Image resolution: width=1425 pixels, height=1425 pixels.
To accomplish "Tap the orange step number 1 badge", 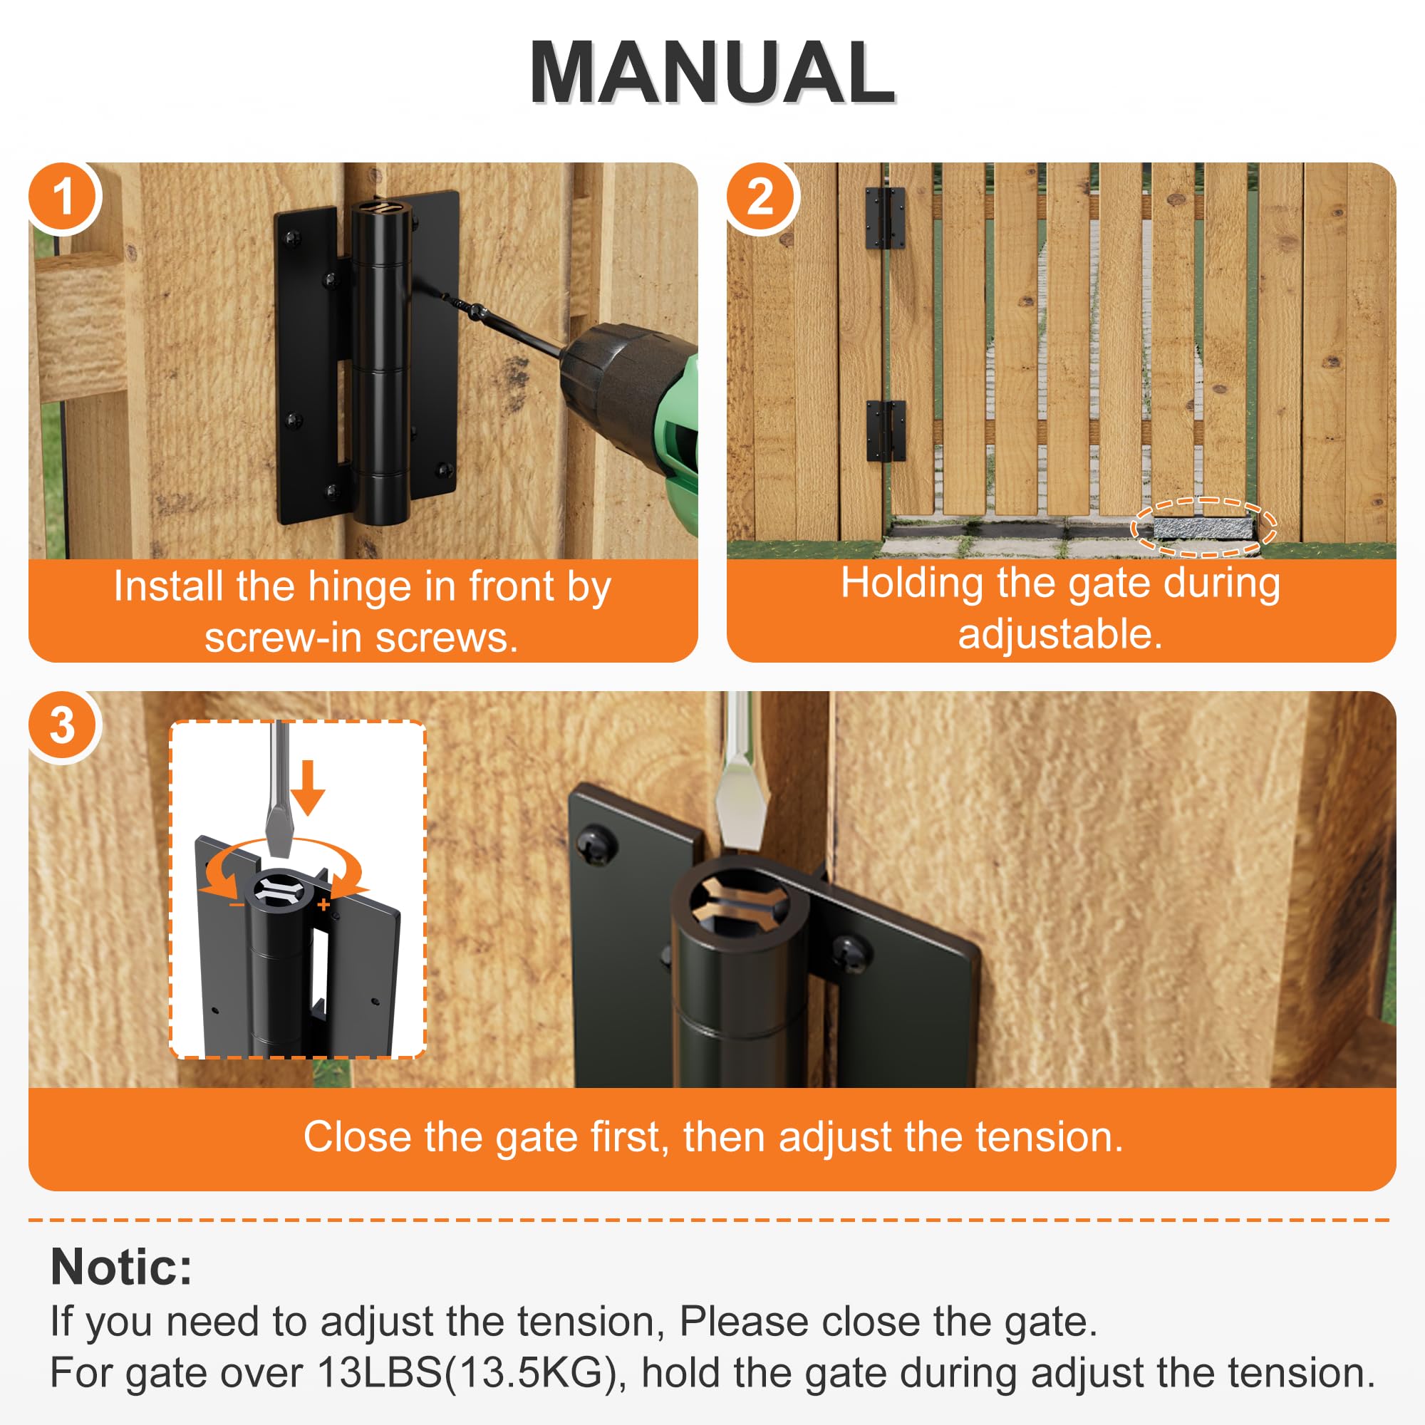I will point(63,197).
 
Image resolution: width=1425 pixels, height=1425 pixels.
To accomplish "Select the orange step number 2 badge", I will point(760,197).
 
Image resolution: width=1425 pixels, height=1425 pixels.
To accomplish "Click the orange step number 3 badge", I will point(63,726).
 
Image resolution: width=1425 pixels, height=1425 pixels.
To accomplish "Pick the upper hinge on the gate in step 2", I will point(884,218).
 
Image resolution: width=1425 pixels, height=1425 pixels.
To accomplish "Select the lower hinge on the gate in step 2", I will point(885,431).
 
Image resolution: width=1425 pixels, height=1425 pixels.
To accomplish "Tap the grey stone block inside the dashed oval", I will point(1202,528).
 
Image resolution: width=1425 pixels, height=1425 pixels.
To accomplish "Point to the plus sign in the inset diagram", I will point(323,904).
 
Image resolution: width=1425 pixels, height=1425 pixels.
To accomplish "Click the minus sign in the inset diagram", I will point(236,904).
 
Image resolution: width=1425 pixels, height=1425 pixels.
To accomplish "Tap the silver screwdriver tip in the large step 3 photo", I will point(743,812).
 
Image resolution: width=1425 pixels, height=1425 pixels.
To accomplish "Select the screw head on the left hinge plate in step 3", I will point(596,845).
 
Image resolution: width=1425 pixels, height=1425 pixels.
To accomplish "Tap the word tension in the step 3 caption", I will point(1046,1136).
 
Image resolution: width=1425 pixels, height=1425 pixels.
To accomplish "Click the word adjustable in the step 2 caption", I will point(1060,633).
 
